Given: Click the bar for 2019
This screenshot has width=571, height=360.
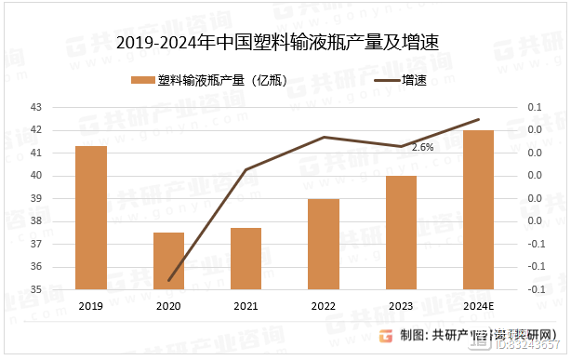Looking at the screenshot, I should click(90, 218).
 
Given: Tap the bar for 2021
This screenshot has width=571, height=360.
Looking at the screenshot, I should click(246, 258).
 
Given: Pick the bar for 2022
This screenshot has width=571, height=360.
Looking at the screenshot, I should click(324, 244).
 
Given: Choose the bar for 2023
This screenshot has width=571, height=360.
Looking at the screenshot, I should click(401, 233).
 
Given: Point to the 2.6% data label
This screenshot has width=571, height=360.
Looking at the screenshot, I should click(422, 147).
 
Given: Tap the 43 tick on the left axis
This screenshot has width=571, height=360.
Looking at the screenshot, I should click(36, 108).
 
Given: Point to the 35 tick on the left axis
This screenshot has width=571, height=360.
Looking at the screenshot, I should click(36, 289).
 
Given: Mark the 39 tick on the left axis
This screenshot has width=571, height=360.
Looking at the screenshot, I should click(36, 199).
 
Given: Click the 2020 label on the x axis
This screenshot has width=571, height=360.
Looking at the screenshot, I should click(168, 306).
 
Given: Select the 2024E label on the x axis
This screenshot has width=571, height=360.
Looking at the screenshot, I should click(478, 306).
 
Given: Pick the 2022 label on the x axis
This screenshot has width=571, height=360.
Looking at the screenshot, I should click(324, 306).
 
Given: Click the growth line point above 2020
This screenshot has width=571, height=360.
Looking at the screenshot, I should click(168, 280).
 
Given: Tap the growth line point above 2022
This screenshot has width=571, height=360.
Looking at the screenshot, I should click(324, 137).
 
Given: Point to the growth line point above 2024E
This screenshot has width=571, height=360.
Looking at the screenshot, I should click(478, 119).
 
